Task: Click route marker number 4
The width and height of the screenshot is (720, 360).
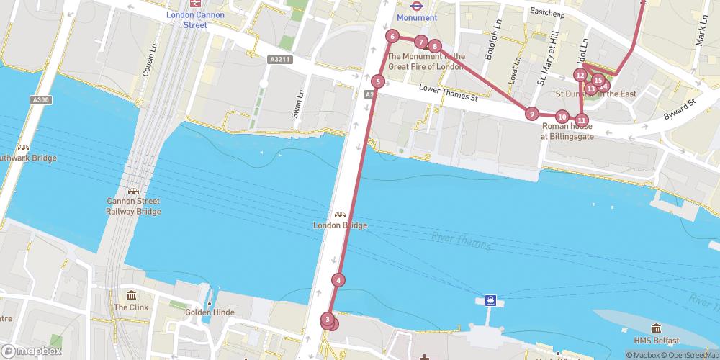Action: tap(338, 280)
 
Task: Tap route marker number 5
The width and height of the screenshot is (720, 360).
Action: tap(378, 81)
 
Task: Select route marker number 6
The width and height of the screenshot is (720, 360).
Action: tap(392, 36)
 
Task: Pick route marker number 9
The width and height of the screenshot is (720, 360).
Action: tap(531, 113)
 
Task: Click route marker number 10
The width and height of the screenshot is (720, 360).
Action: tap(562, 116)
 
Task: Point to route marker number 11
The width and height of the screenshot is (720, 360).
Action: tap(582, 120)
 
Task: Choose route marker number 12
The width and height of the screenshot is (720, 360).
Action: tap(580, 75)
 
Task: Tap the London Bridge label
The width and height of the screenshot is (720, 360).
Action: tap(340, 225)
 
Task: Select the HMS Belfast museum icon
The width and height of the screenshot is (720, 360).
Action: tap(656, 328)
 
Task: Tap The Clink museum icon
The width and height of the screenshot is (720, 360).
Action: tap(131, 296)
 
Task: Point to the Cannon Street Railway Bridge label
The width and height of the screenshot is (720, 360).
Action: tap(133, 206)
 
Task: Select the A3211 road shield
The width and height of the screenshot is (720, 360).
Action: tap(281, 59)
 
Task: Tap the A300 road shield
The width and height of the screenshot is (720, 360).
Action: tap(41, 99)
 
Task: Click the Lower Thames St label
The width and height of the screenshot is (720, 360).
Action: tap(448, 93)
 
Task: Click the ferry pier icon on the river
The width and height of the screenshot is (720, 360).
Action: tap(490, 300)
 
